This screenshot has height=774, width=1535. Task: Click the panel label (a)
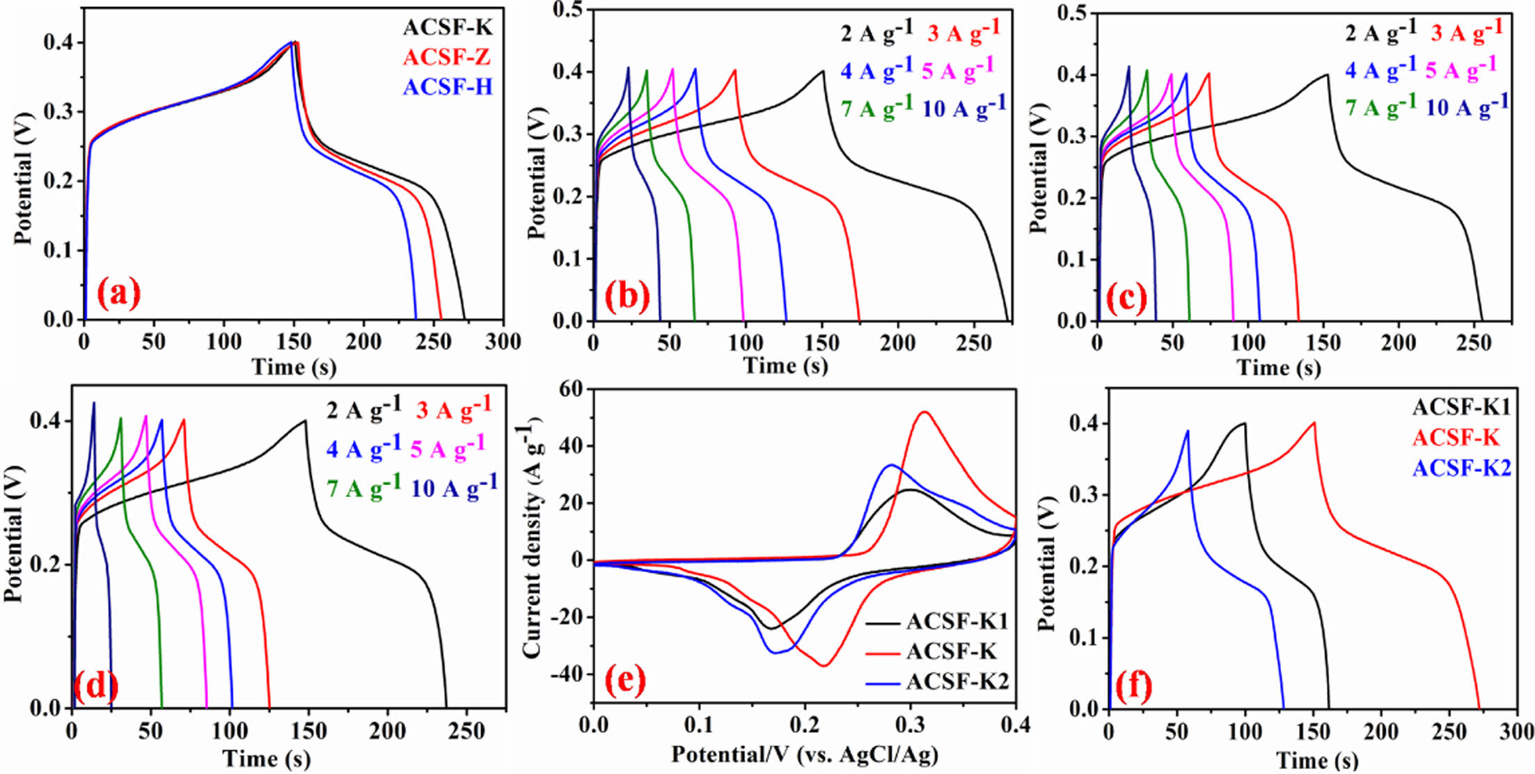tap(118, 294)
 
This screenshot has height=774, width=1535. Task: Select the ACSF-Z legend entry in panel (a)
tap(446, 57)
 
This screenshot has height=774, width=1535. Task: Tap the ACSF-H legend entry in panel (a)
tap(447, 87)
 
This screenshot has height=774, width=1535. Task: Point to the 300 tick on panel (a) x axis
tap(503, 342)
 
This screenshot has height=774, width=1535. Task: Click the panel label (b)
tap(627, 295)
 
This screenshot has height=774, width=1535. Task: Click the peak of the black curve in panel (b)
tap(823, 71)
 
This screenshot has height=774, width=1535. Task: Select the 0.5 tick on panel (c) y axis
tap(1071, 13)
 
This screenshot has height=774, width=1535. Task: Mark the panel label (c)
tap(1126, 298)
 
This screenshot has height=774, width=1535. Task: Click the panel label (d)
tap(95, 686)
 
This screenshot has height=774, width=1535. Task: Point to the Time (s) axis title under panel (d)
tap(266, 758)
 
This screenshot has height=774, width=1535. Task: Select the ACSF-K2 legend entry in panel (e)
tap(957, 681)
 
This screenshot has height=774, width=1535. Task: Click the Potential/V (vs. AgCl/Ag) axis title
tap(804, 754)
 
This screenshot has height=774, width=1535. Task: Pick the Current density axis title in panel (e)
tap(532, 543)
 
